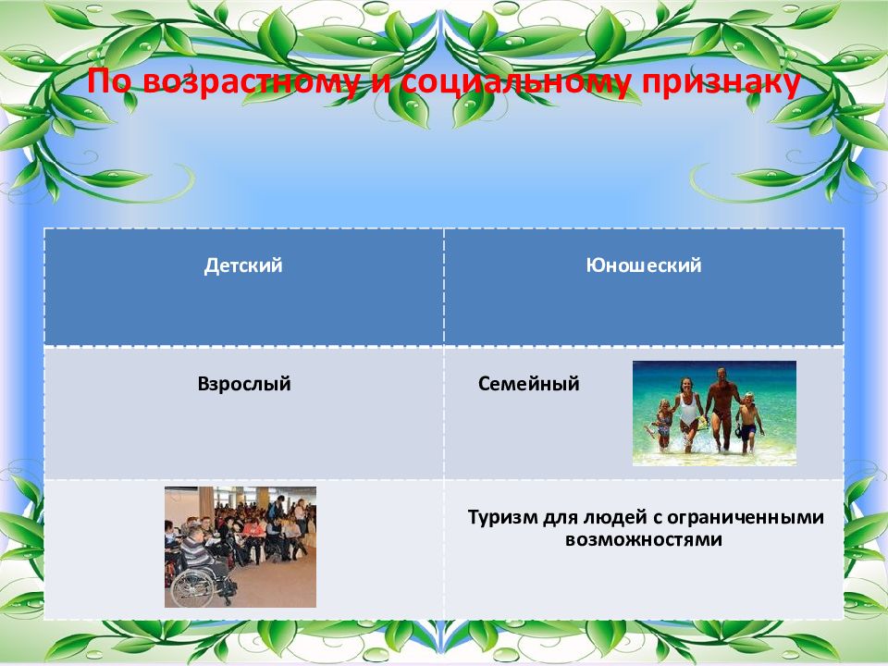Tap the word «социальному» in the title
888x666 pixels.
coord(516,82)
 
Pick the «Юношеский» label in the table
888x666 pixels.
coord(644,265)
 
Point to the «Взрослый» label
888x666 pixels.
coord(244,384)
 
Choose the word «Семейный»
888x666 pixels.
coord(528,384)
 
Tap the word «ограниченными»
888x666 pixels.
coord(746,517)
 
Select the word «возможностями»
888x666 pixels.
coord(644,539)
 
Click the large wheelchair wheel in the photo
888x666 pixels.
coord(192,586)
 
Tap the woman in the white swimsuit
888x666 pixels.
coord(688,413)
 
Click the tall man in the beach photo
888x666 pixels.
coord(721,409)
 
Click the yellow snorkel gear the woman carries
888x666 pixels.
coord(702,423)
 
